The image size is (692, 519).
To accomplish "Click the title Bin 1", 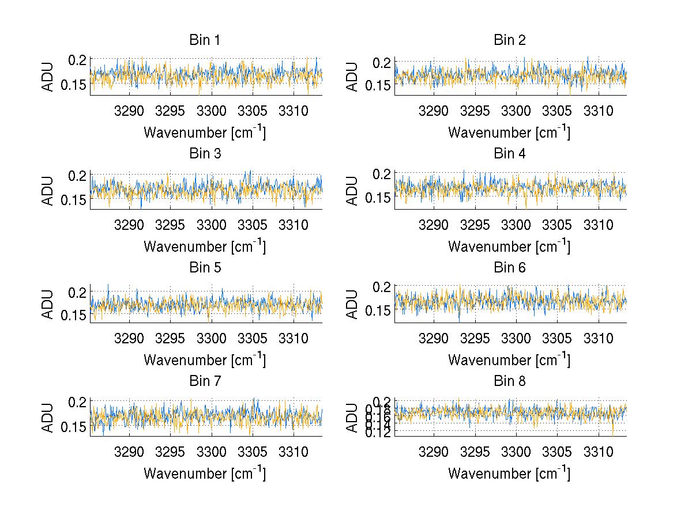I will (205, 40).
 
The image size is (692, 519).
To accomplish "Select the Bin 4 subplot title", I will (510, 154).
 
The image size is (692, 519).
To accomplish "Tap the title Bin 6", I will (510, 267).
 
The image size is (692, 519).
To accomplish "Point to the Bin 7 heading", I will (205, 381).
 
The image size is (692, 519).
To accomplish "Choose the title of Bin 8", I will (510, 381).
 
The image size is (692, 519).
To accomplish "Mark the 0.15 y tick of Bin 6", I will (378, 311).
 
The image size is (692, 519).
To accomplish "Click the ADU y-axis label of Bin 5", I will (48, 304).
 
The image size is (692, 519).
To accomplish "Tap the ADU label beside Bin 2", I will (353, 76).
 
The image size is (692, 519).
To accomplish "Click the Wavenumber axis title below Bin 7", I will (205, 473).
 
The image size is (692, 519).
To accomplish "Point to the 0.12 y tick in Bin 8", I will (378, 431).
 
